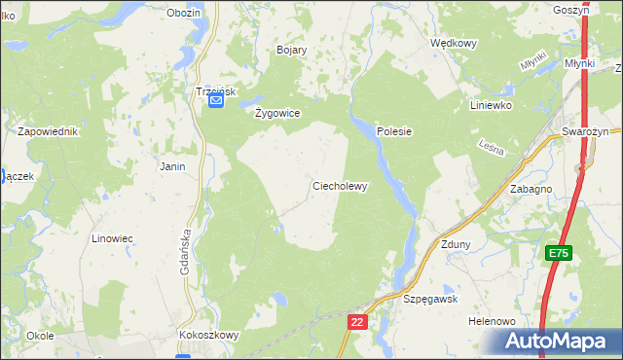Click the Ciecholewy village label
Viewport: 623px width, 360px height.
(x=339, y=186)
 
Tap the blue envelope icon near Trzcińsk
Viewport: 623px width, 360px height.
(x=216, y=100)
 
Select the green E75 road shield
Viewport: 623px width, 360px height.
(x=558, y=253)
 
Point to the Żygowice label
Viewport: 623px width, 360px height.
(x=277, y=113)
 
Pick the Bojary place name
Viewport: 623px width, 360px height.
(x=292, y=50)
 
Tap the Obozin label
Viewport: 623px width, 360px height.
(x=183, y=13)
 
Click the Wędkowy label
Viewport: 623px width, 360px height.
(x=453, y=43)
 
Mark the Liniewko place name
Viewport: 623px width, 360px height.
(x=491, y=105)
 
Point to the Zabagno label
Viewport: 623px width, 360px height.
(x=531, y=190)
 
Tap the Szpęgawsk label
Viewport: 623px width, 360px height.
(x=430, y=300)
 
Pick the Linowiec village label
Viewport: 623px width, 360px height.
(x=112, y=237)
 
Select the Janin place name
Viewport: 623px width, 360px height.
(x=172, y=166)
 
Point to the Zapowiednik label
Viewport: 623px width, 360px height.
(x=48, y=130)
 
